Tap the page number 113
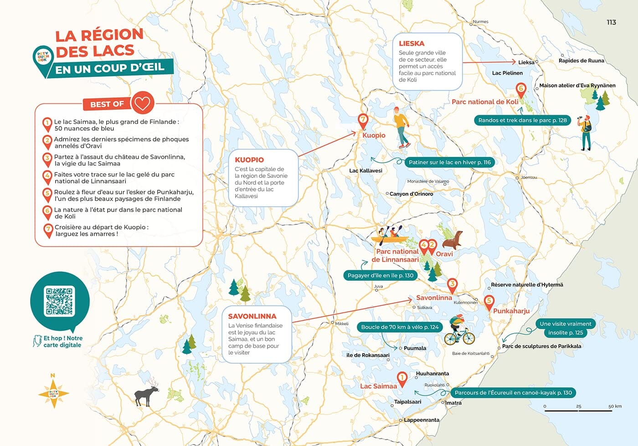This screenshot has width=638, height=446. click(x=611, y=22)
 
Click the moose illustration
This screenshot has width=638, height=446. click(x=146, y=395)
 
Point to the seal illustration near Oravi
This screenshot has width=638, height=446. click(x=453, y=239)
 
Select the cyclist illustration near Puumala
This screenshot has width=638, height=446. click(x=458, y=330)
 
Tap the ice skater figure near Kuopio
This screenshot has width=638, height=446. click(x=401, y=128)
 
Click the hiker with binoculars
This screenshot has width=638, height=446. click(x=586, y=132)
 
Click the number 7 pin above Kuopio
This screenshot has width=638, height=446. click(x=363, y=121)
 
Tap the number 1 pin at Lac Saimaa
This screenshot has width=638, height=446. click(x=402, y=378)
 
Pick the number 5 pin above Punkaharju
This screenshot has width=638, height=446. click(x=489, y=301)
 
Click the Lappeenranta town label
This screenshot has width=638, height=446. click(x=422, y=420)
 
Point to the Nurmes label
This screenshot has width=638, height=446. click(x=480, y=21)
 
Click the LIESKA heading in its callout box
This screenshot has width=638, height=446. click(x=412, y=44)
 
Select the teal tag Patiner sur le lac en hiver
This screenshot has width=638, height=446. click(x=449, y=162)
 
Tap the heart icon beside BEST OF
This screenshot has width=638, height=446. click(x=142, y=103)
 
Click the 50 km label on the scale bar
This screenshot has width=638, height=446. click(x=615, y=406)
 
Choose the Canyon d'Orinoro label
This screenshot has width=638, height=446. click(x=411, y=194)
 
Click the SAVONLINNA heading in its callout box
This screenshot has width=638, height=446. click(x=252, y=316)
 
